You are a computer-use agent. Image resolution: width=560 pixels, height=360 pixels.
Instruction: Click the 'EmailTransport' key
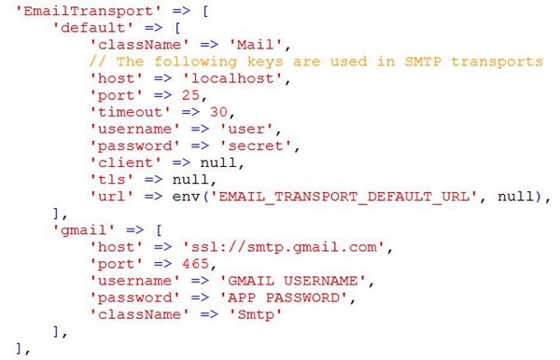tap(89, 10)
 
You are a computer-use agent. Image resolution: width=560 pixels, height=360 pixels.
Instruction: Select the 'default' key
tap(93, 27)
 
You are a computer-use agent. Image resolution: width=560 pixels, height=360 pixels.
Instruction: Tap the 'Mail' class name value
tap(256, 45)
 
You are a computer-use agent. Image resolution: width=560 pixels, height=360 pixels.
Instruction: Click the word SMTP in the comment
tap(423, 62)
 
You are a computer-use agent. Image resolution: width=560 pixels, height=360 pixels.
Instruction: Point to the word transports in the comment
tap(497, 62)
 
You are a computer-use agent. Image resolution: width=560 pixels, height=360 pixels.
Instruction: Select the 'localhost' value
tap(232, 78)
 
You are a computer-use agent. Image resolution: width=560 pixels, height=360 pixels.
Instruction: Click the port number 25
tap(190, 95)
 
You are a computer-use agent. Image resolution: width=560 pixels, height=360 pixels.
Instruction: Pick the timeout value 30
tap(218, 112)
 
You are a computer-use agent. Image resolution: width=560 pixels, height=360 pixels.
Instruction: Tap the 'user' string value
tap(246, 129)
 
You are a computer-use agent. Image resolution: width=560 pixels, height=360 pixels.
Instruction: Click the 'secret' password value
tap(256, 145)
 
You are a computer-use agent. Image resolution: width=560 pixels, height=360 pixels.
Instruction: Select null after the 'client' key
tap(218, 162)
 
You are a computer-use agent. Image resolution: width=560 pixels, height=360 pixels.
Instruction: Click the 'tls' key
tap(111, 179)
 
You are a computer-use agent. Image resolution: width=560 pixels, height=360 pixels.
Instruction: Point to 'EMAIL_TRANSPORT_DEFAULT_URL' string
tap(343, 197)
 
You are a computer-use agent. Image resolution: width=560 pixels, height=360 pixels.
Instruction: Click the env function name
tap(186, 197)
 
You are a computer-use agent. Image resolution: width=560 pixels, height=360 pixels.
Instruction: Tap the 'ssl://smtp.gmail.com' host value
tap(284, 247)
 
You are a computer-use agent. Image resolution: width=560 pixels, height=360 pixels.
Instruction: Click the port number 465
tap(196, 264)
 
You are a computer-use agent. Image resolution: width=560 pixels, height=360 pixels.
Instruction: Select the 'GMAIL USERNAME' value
tap(293, 281)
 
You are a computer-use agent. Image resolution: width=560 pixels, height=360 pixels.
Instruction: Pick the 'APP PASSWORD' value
tap(284, 298)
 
